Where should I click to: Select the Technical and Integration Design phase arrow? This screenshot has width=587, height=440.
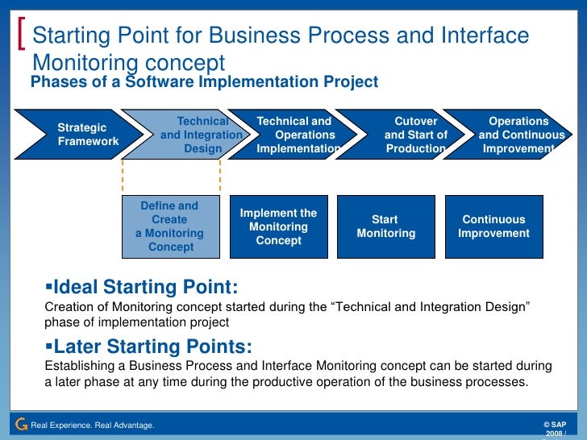coord(194,135)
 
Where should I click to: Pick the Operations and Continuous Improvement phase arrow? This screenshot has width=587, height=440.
coord(516,135)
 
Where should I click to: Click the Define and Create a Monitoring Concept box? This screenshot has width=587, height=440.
coord(170,226)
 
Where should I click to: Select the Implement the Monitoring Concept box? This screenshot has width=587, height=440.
coord(279,226)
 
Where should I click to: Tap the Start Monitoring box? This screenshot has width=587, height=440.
coord(385,226)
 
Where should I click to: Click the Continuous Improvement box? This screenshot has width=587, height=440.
coord(494,226)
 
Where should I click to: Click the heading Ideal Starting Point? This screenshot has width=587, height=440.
coord(145,287)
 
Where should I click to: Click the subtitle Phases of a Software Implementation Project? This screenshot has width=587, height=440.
coord(203,81)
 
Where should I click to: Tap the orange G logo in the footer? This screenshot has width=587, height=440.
coord(21,424)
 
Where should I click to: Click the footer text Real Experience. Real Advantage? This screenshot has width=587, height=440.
coord(92,425)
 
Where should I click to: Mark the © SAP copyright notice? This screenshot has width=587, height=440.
coord(556,424)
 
